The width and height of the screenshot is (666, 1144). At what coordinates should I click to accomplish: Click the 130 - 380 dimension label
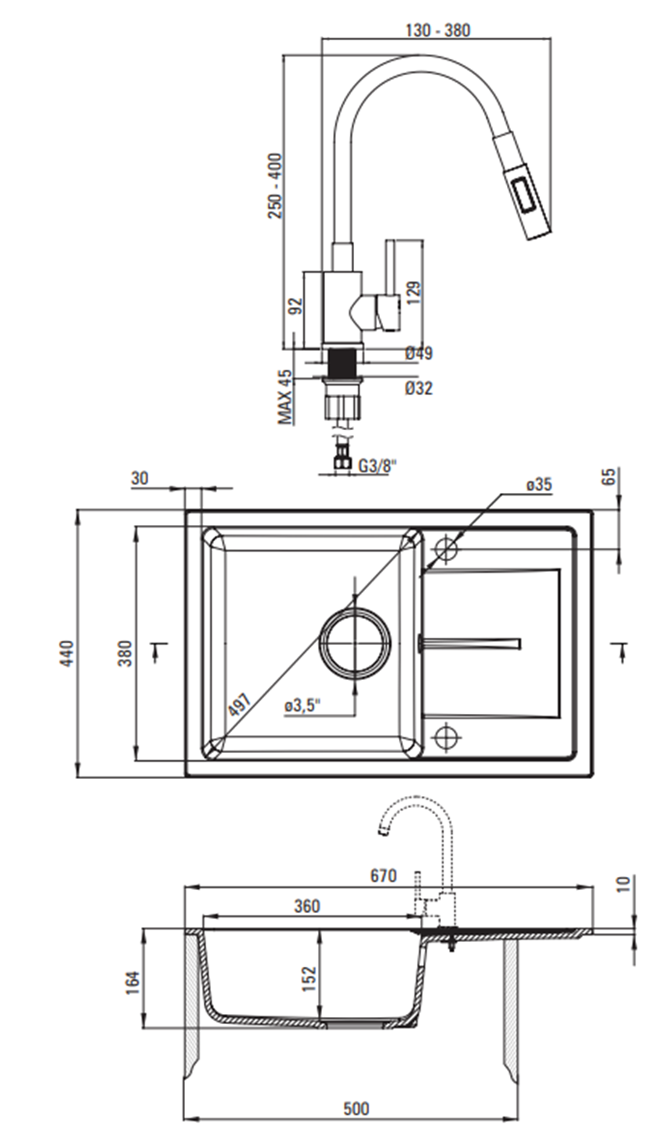[437, 31]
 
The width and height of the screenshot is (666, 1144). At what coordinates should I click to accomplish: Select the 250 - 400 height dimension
[275, 185]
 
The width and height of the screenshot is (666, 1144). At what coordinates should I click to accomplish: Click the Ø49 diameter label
[418, 353]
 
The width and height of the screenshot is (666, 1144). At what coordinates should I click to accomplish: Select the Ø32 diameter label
[418, 388]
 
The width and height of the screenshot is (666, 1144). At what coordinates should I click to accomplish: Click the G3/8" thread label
[378, 465]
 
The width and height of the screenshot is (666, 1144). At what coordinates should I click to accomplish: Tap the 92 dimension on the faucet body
[295, 305]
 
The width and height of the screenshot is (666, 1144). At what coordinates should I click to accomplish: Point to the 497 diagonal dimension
[240, 705]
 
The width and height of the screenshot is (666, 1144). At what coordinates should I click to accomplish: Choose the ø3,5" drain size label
[305, 706]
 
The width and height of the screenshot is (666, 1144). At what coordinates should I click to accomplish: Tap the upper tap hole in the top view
[445, 548]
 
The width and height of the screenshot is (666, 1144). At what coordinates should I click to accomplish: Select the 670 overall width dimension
[382, 875]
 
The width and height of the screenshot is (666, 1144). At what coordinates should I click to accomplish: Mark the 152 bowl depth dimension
[308, 976]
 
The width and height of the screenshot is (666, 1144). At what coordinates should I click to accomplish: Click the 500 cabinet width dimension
[356, 1108]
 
